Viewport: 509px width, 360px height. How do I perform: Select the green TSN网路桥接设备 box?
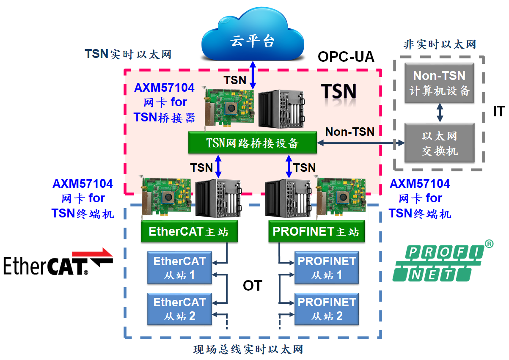[x=253, y=143]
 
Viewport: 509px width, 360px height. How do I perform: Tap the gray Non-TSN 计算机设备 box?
[x=439, y=83]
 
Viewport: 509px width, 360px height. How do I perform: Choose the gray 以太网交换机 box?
[x=439, y=143]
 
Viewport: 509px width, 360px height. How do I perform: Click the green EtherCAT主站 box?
[x=189, y=232]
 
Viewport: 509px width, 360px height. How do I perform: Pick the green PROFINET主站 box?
[x=316, y=232]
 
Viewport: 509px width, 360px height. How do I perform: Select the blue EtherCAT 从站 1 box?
[x=179, y=268]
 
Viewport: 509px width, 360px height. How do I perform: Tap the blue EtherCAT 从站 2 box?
[x=179, y=309]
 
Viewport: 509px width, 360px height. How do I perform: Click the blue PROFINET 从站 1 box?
[x=327, y=268]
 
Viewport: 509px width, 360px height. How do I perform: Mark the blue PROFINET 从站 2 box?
[x=327, y=309]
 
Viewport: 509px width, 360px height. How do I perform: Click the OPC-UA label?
[x=346, y=57]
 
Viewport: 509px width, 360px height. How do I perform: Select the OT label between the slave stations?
[x=253, y=286]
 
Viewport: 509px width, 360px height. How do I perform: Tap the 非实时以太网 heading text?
[x=440, y=44]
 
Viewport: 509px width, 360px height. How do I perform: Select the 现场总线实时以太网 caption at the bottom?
[x=248, y=350]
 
